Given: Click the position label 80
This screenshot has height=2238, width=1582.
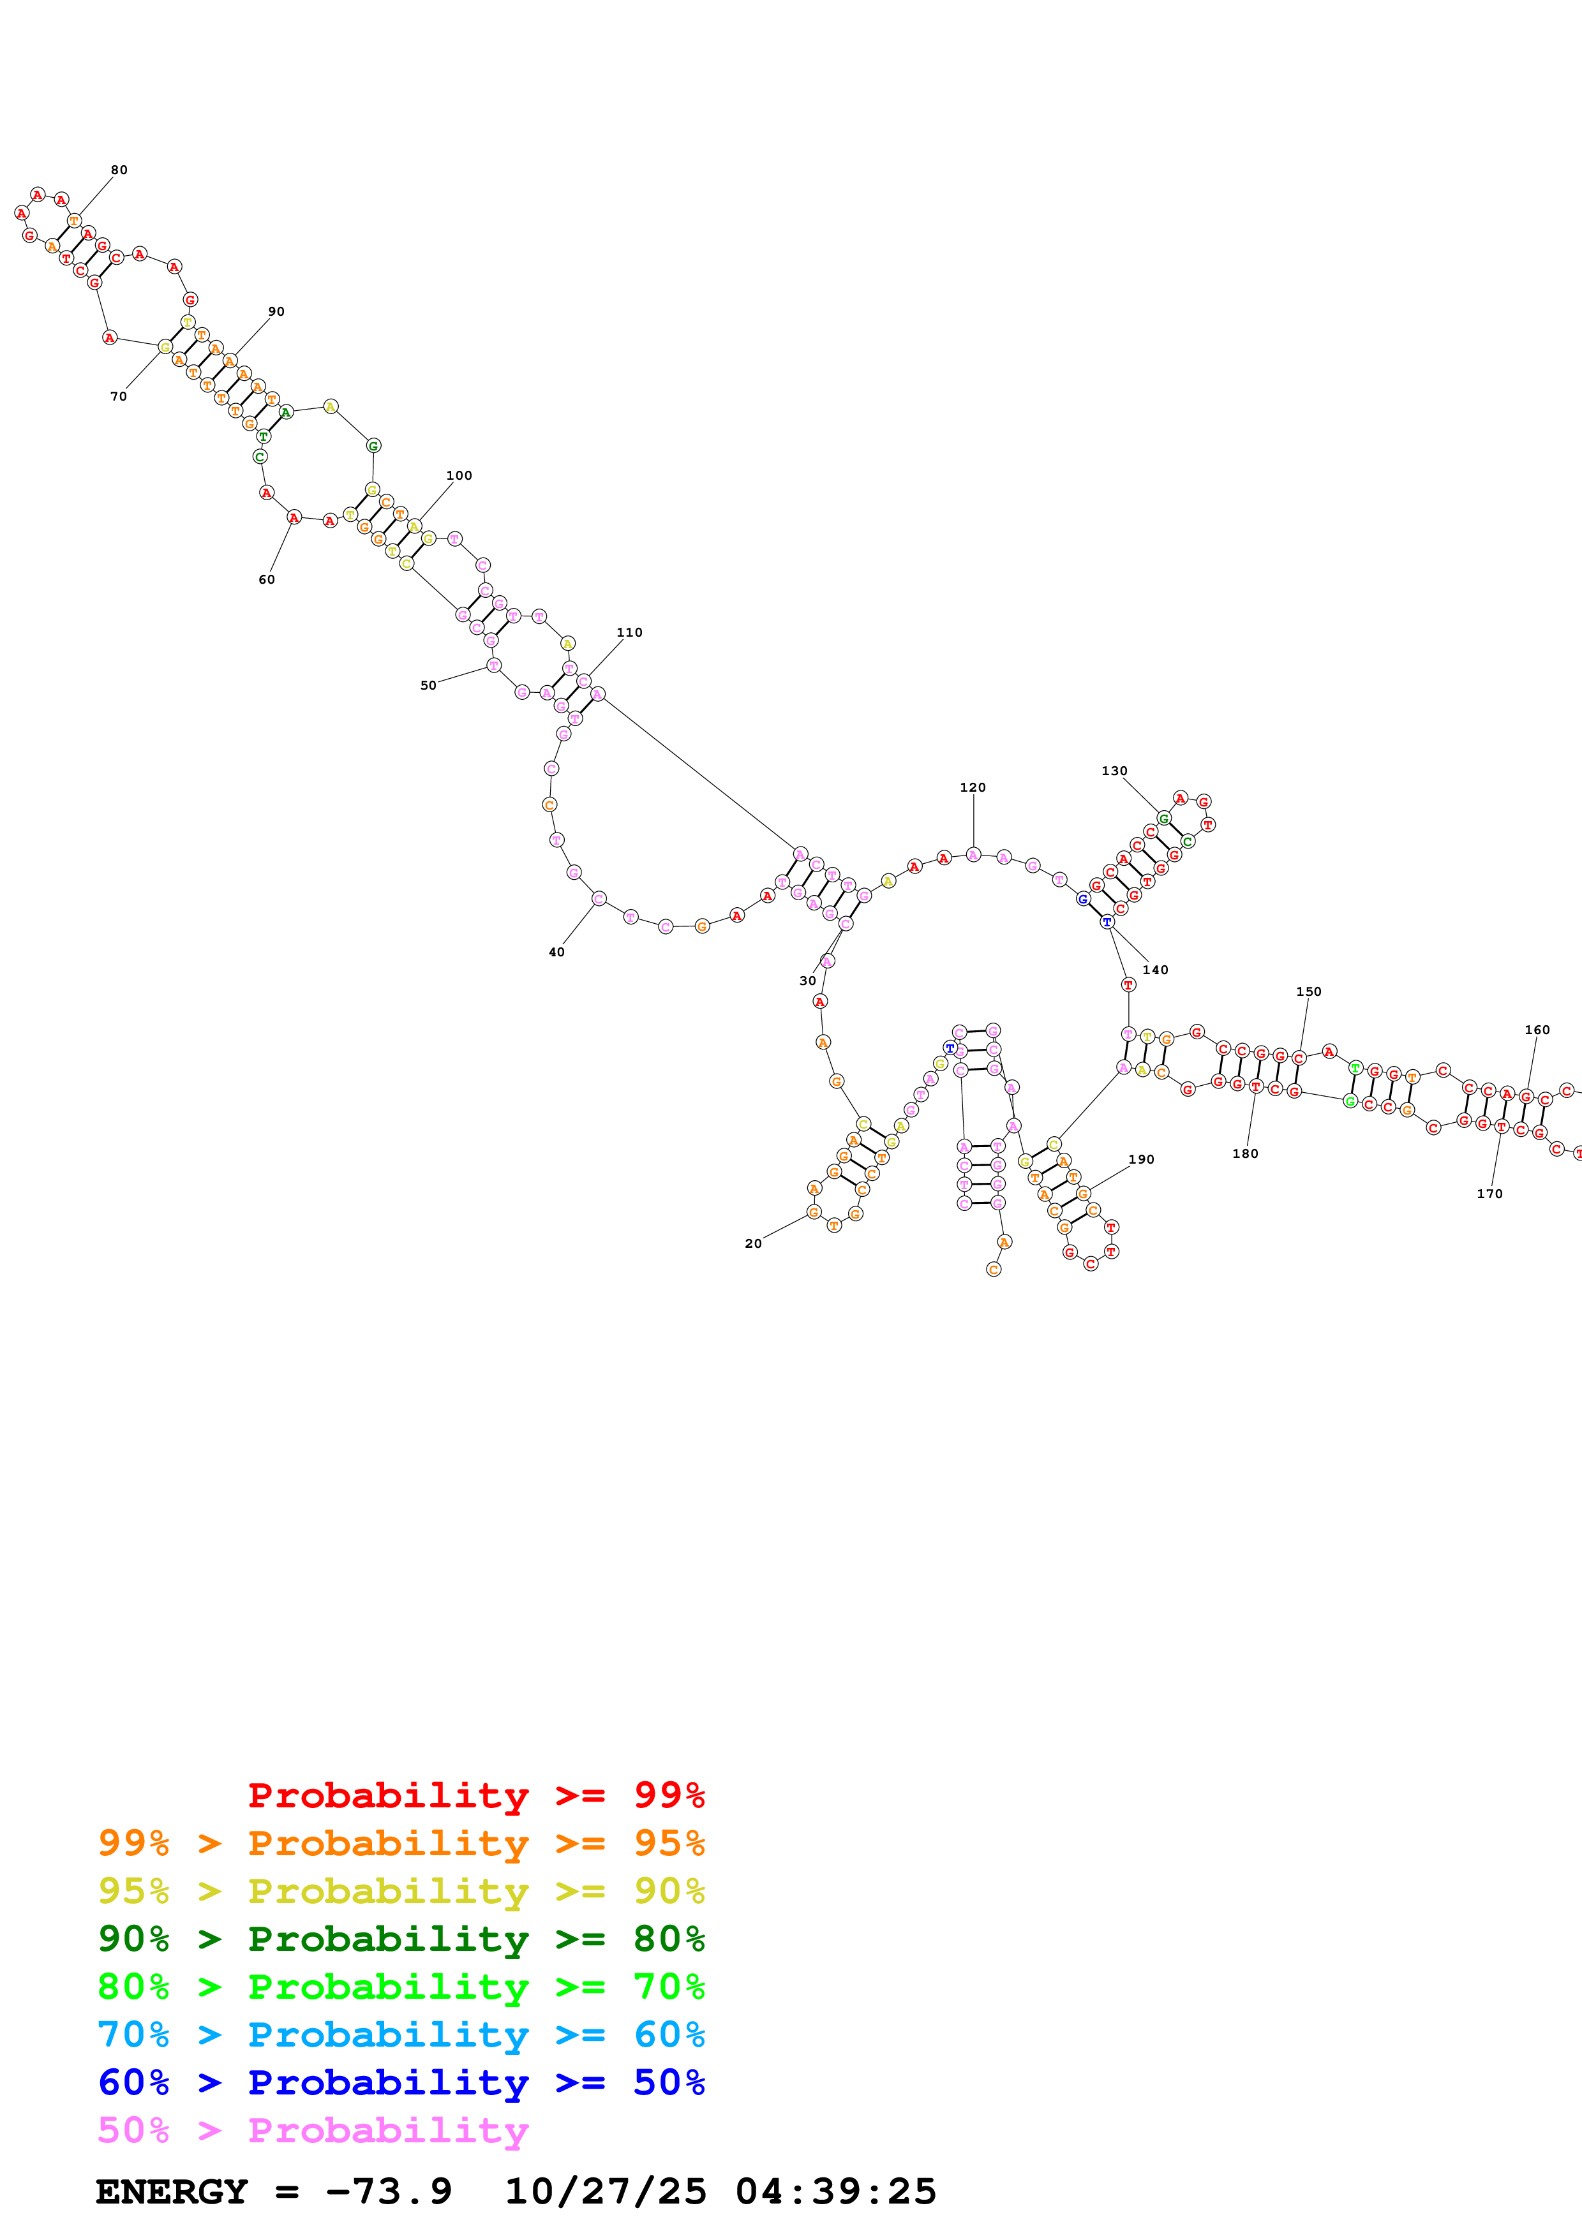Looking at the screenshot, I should coord(119,170).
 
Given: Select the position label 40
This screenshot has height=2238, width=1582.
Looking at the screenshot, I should coord(556,952).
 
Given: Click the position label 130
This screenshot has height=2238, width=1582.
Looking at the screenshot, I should coord(1114,771).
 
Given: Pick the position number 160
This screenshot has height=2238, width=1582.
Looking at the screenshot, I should coord(1537,1030).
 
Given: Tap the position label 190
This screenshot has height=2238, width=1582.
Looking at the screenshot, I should coord(1142,1160).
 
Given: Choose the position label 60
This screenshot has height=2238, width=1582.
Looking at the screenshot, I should coord(266,580).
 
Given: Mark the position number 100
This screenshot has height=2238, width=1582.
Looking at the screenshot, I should coord(459,476).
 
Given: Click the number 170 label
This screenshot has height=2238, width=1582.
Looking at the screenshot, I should coord(1489,1194).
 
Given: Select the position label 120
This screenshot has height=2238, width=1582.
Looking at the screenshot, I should coord(973,788).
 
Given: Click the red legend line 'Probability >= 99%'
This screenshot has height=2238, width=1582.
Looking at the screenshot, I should coord(475,1795).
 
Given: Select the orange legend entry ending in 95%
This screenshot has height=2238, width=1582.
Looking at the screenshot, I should coord(401,1843).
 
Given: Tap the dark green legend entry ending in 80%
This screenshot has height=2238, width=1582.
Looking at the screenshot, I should coord(401,1939).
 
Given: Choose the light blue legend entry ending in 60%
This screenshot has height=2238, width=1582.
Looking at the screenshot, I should coord(401,2034).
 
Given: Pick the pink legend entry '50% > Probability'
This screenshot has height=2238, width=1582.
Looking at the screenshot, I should coord(313,2130).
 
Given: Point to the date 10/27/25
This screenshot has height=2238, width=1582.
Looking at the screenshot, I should coord(606,2191).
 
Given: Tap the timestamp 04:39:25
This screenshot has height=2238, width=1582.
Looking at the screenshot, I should coord(835,2191).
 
